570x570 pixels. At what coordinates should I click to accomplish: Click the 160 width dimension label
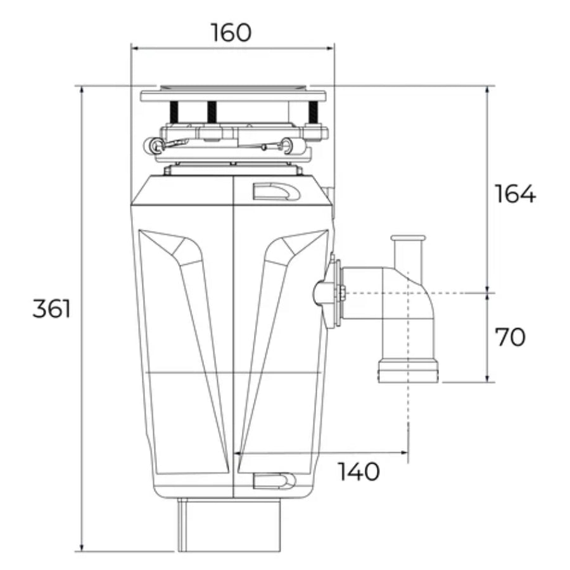tap(231, 32)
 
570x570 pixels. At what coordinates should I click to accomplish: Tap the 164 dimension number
tap(515, 194)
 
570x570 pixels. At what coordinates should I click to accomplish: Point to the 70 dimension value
tap(510, 338)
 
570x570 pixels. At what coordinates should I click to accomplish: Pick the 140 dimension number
tap(358, 471)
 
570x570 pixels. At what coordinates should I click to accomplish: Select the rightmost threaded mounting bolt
tap(312, 112)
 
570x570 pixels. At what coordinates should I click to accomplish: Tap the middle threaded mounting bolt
tap(212, 112)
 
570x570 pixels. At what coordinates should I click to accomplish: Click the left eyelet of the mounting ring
tap(154, 146)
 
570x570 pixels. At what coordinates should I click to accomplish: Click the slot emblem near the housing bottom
tap(274, 481)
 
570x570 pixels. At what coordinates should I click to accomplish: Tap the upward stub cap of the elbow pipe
tap(408, 239)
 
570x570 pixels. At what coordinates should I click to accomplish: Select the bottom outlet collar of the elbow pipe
tap(408, 371)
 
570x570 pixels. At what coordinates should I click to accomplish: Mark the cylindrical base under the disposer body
tap(229, 524)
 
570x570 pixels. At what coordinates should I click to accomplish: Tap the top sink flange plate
tap(233, 96)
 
